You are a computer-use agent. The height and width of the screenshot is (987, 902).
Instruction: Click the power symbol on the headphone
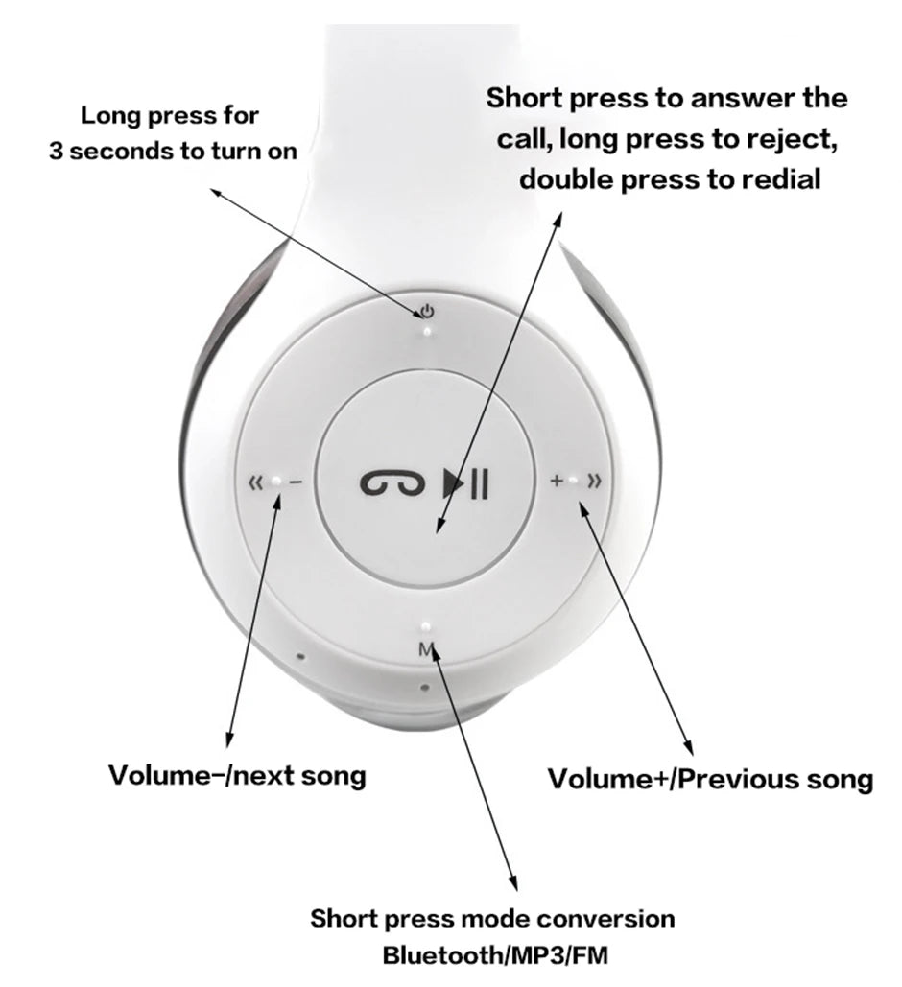point(427,311)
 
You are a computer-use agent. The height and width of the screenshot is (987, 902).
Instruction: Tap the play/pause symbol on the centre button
point(466,482)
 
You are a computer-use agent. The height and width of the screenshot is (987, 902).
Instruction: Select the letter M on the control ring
point(426,649)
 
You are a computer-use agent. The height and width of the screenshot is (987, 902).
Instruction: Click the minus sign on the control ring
point(295,482)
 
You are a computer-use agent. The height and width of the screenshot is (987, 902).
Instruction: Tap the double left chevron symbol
point(255,482)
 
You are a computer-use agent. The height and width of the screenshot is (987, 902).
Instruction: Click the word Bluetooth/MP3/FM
point(494,955)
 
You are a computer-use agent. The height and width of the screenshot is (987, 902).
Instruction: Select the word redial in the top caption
point(770,178)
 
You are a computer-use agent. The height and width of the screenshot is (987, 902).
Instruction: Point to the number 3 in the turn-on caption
point(57,152)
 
